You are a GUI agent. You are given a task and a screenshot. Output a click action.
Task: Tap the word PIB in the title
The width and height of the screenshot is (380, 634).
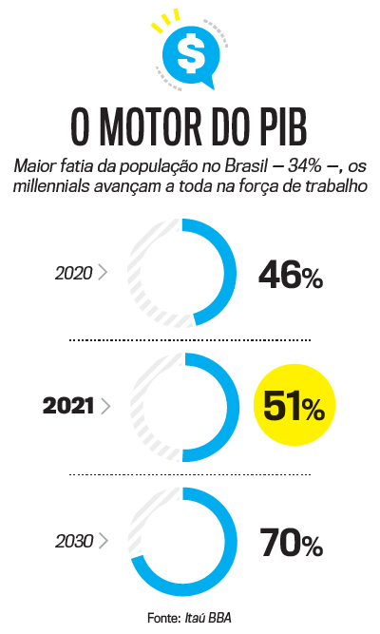[279, 125]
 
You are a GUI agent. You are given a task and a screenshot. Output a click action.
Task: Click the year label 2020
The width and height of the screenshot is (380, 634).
[73, 273]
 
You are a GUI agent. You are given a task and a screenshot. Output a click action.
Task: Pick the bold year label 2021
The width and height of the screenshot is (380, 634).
[68, 406]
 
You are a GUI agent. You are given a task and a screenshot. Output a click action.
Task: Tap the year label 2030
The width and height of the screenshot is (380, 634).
[73, 542]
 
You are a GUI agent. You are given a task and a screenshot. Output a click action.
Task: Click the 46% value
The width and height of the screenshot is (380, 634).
[291, 275]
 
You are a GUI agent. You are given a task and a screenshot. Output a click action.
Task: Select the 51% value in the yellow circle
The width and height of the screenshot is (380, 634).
[294, 408]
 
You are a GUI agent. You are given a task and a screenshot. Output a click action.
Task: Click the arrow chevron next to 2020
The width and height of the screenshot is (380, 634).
[103, 273]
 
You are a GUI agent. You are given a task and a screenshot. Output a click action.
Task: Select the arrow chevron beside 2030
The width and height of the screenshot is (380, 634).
[103, 542]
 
